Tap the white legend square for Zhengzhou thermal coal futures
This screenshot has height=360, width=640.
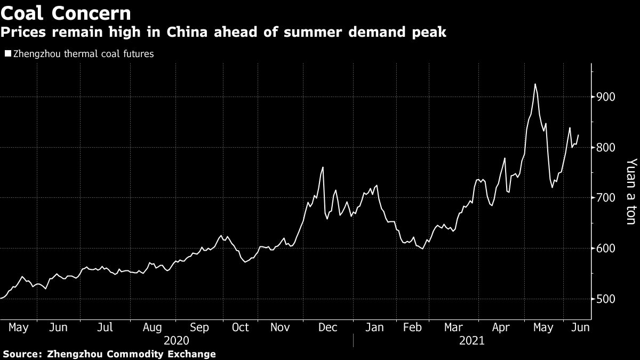[x=7, y=54]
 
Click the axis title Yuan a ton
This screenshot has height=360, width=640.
[x=631, y=191]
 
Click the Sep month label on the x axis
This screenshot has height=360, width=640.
[x=199, y=327]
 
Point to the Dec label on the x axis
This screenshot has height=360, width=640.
[x=328, y=327]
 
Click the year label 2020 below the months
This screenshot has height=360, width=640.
[x=177, y=341]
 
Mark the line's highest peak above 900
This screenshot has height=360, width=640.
[x=535, y=84]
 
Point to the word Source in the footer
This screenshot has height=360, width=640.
[x=23, y=354]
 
